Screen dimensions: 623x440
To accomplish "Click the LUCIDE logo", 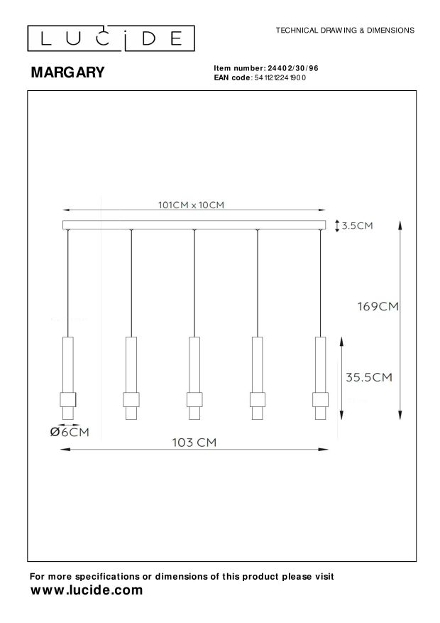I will click(110, 37).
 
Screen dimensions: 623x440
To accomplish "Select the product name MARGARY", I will click(67, 72).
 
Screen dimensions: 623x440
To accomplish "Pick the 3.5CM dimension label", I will click(357, 226).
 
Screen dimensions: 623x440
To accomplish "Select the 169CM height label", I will click(378, 307).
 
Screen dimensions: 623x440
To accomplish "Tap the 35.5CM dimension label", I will click(369, 377).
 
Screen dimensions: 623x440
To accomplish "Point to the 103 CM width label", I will click(194, 442).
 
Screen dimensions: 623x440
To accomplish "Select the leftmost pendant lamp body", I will click(68, 377).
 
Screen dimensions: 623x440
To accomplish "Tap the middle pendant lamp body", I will click(194, 377).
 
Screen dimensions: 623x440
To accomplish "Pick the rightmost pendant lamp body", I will click(321, 377).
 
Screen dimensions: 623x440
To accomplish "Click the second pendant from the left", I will click(131, 377).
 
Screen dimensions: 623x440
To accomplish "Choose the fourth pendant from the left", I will click(258, 377).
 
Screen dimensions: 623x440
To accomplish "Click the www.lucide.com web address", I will click(86, 590).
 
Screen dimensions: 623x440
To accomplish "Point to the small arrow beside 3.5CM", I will click(336, 225).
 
